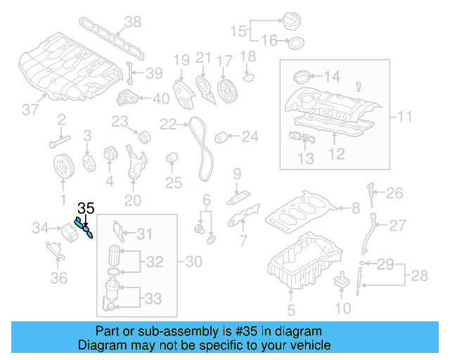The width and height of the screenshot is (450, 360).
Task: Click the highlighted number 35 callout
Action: click(x=86, y=208)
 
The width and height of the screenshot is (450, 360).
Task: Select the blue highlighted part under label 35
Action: click(x=85, y=229)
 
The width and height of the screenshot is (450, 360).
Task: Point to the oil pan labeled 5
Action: click(x=305, y=264)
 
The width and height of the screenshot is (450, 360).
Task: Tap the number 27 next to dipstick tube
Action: click(x=398, y=226)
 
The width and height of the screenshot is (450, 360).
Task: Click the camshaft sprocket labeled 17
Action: click(x=226, y=91)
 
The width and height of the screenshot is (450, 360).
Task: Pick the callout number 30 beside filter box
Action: click(x=193, y=262)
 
